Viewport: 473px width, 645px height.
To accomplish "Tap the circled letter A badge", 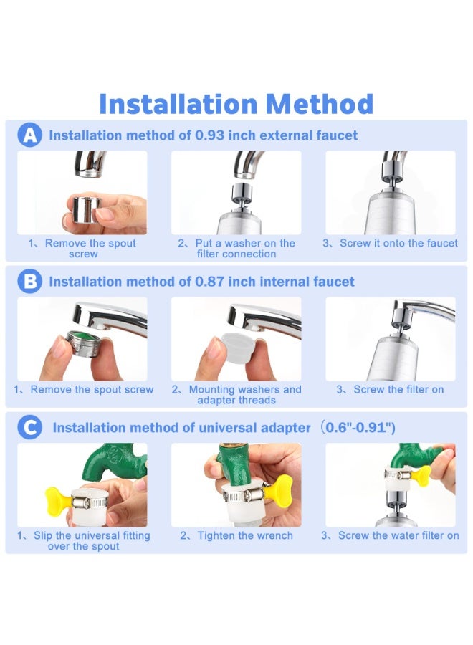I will click(x=29, y=135).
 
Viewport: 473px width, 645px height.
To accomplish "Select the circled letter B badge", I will click(x=29, y=282).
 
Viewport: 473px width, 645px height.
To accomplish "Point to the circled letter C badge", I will click(x=29, y=428).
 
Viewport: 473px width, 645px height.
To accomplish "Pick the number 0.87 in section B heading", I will click(x=209, y=282).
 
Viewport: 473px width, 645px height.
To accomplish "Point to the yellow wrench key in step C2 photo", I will click(x=282, y=490).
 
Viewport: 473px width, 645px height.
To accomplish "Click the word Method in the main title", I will click(x=320, y=104).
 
